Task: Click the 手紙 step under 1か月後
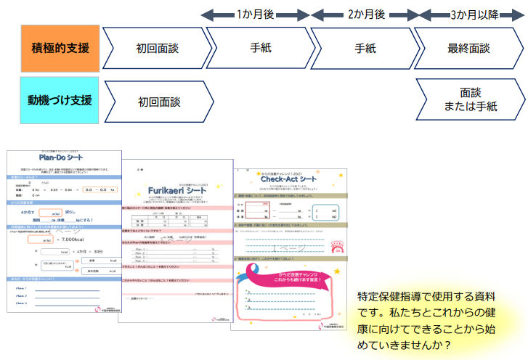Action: [261, 49]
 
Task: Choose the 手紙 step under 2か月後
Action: [365, 49]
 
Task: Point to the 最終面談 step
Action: [468, 49]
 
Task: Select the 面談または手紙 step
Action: [468, 99]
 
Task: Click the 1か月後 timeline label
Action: [255, 14]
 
